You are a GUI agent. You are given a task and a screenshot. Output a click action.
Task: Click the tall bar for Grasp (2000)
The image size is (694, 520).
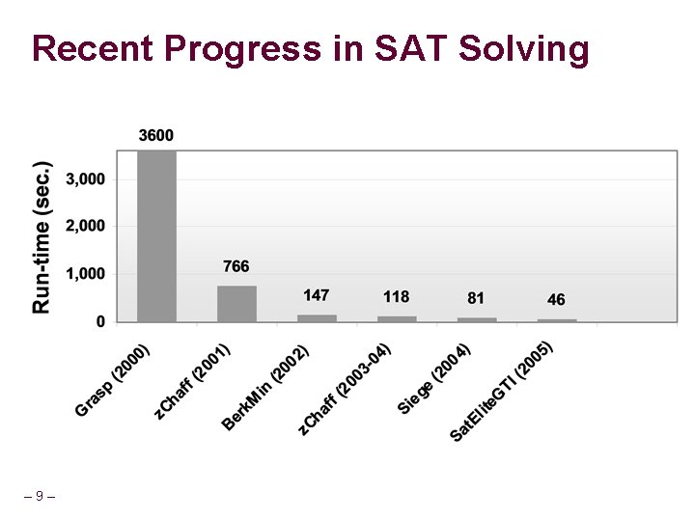pyautogui.click(x=156, y=235)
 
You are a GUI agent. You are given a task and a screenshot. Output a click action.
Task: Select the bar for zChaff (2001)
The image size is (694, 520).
pyautogui.click(x=236, y=303)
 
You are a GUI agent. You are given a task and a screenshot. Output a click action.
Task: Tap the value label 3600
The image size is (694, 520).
pyautogui.click(x=156, y=136)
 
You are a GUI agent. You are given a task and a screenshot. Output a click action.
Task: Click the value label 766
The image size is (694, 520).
pyautogui.click(x=236, y=266)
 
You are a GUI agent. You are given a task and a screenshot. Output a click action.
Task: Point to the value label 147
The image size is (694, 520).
pyautogui.click(x=317, y=294)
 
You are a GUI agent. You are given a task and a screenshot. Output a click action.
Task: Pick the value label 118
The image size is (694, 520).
pyautogui.click(x=397, y=297)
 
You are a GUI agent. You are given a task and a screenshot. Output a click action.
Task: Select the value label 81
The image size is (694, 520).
pyautogui.click(x=476, y=298)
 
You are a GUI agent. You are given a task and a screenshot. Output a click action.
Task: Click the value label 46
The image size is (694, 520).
pyautogui.click(x=556, y=300)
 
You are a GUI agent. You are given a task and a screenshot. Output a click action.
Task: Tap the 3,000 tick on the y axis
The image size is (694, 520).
pyautogui.click(x=86, y=179)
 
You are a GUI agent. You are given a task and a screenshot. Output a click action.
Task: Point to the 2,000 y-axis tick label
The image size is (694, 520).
pyautogui.click(x=86, y=226)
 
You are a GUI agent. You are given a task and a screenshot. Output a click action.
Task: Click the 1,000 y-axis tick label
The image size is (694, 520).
pyautogui.click(x=86, y=274)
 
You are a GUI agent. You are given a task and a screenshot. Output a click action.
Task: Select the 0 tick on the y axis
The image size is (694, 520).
pyautogui.click(x=100, y=322)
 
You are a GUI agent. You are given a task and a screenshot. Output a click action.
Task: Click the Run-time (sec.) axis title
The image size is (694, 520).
pyautogui.click(x=42, y=236)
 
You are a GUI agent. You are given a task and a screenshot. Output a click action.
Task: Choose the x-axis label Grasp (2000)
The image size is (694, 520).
pyautogui.click(x=113, y=380)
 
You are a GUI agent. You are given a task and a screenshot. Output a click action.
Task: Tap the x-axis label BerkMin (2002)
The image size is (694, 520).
pyautogui.click(x=265, y=388)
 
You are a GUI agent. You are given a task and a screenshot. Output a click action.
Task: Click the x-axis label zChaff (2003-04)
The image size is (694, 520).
pyautogui.click(x=345, y=390)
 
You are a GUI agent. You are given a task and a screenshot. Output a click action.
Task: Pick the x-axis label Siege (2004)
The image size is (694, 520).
pyautogui.click(x=434, y=379)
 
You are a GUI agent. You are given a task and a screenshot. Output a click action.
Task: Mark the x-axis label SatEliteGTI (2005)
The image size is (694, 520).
pyautogui.click(x=501, y=393)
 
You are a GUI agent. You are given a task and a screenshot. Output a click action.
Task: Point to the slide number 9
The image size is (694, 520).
pyautogui.click(x=39, y=496)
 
